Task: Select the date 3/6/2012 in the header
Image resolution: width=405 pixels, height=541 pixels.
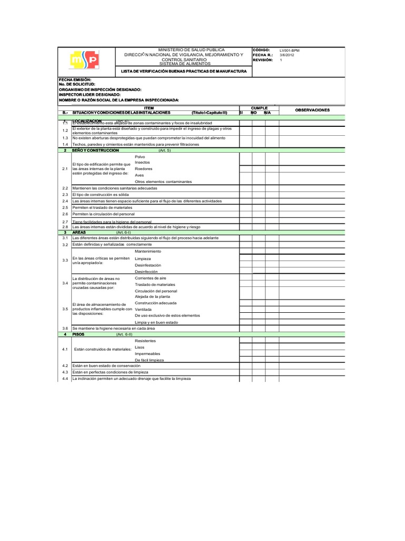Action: (x=288, y=55)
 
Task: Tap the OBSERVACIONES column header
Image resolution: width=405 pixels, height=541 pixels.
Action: (x=312, y=110)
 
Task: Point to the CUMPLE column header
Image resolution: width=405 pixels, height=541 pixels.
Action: (x=259, y=107)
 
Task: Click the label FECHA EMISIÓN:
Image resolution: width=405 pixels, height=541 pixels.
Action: (x=75, y=79)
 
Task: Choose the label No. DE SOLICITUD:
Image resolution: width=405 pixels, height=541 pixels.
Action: (x=77, y=85)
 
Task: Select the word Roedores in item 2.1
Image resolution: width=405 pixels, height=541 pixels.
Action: (x=143, y=169)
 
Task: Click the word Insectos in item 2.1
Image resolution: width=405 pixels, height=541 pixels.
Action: (x=142, y=162)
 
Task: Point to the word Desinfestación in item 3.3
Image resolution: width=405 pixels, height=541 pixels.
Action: (x=148, y=265)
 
